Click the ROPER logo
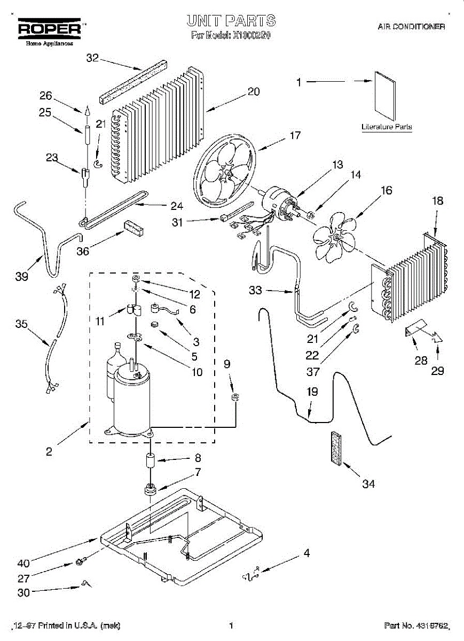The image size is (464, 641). click(50, 28)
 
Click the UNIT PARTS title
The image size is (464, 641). click(231, 21)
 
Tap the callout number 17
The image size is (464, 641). click(295, 136)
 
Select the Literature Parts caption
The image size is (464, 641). click(387, 127)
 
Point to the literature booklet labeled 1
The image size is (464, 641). click(384, 96)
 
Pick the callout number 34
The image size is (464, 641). click(368, 484)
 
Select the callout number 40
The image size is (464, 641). click(23, 562)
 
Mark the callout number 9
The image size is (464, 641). click(227, 364)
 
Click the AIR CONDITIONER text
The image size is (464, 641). click(411, 26)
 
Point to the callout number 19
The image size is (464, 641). click(312, 392)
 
